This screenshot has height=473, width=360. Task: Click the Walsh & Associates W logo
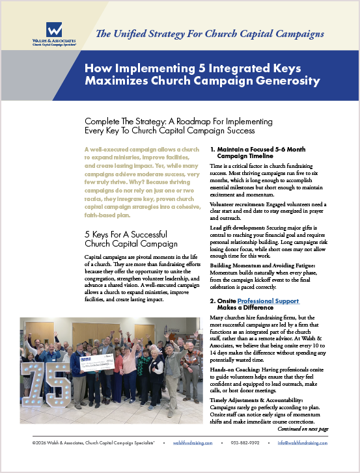coord(55,30)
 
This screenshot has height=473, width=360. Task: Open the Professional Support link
coord(268,301)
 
